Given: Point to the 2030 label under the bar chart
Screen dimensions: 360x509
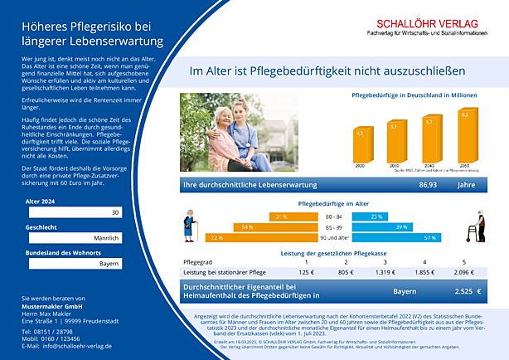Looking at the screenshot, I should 395,166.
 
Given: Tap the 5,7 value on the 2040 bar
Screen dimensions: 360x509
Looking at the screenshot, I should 429,122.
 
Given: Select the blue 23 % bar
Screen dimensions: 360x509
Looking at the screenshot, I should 371,216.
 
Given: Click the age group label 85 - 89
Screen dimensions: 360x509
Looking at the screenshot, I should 333,226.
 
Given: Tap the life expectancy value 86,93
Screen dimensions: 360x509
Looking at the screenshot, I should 428,185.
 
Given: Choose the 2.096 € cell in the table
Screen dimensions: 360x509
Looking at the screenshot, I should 463,271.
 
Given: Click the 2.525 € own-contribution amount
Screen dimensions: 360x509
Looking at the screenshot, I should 468,291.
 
